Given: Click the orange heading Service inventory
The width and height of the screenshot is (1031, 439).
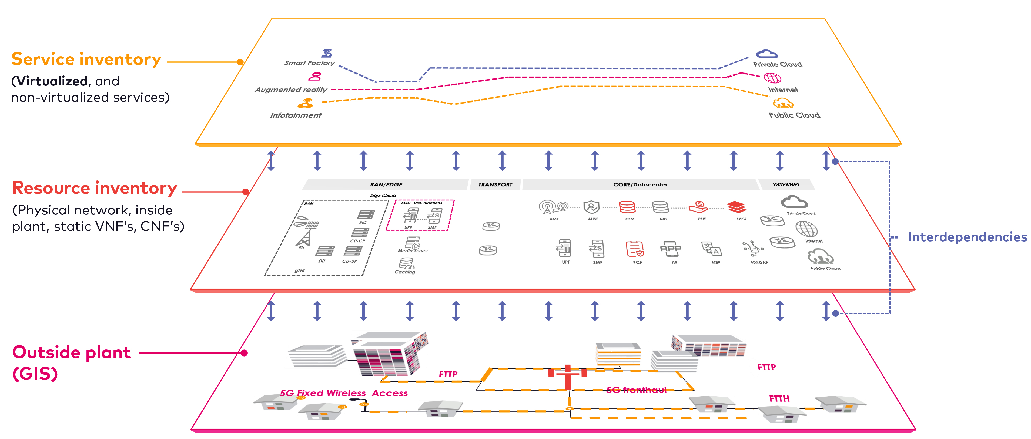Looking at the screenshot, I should tap(86, 59).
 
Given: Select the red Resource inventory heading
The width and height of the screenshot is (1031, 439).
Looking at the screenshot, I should tap(95, 188).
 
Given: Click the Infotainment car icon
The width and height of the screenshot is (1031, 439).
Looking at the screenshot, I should tap(305, 104).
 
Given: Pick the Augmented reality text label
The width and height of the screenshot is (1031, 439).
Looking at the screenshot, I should tap(290, 90).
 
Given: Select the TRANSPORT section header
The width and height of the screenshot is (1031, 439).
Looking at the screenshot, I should tap(495, 185).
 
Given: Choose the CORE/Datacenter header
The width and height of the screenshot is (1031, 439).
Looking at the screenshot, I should tap(640, 185).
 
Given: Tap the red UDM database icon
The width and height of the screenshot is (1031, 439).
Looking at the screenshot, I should tap(627, 207).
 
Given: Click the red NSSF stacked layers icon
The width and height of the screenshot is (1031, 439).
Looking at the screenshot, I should tap(737, 207).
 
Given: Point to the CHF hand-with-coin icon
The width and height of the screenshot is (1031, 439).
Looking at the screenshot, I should tap(698, 207).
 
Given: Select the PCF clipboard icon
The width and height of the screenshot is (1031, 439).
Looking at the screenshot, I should tap(635, 249).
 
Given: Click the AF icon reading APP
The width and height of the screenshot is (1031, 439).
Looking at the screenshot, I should tap(671, 249).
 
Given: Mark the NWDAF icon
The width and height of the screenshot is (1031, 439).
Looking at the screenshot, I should tap(753, 249).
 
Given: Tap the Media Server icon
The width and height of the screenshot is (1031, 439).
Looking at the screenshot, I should tap(413, 242).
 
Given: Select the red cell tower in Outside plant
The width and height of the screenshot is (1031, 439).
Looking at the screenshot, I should tap(568, 377).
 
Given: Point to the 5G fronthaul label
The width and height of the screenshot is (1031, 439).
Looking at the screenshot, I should tap(636, 390).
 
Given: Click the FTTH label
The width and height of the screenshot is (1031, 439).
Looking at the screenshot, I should tap(779, 398).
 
